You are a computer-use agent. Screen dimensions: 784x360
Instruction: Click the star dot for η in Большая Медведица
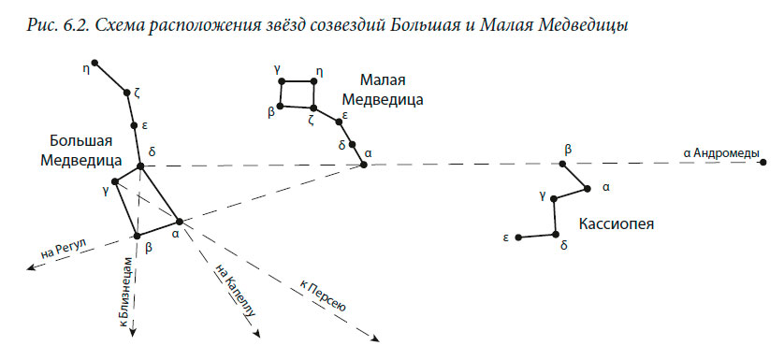tap(94, 64)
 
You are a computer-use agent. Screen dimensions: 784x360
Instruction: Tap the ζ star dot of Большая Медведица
tap(126, 93)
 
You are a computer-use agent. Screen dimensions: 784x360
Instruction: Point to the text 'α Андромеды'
tap(721, 152)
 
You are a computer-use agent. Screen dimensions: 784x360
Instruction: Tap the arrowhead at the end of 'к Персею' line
tap(373, 341)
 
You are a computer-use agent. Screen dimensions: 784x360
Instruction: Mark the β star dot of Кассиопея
tap(563, 164)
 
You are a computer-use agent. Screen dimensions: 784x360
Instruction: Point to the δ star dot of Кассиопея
tap(556, 234)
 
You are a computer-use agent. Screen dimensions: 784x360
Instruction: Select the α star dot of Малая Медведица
tap(364, 165)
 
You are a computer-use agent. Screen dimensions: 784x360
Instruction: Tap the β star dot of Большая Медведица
tap(137, 234)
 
